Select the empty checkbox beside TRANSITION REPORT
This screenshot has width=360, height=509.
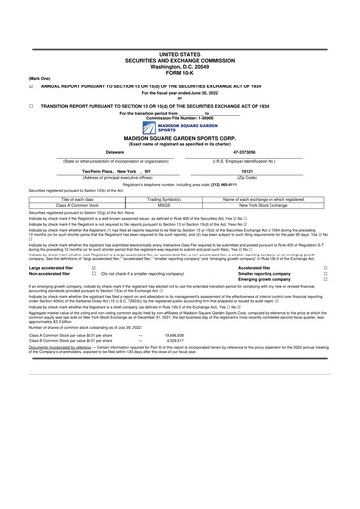[x=32, y=104]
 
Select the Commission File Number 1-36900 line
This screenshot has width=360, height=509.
[x=180, y=119]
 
